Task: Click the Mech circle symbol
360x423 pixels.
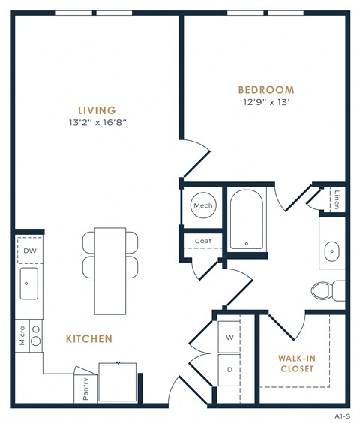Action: tap(203, 205)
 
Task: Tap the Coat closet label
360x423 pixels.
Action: tap(202, 241)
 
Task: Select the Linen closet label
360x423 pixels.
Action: tap(337, 200)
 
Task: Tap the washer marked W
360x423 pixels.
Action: tap(229, 337)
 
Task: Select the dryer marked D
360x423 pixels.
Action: tap(229, 369)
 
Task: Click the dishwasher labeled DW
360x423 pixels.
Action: tap(30, 250)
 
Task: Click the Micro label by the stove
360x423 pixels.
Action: tap(22, 334)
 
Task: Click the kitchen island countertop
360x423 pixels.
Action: tap(110, 262)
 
